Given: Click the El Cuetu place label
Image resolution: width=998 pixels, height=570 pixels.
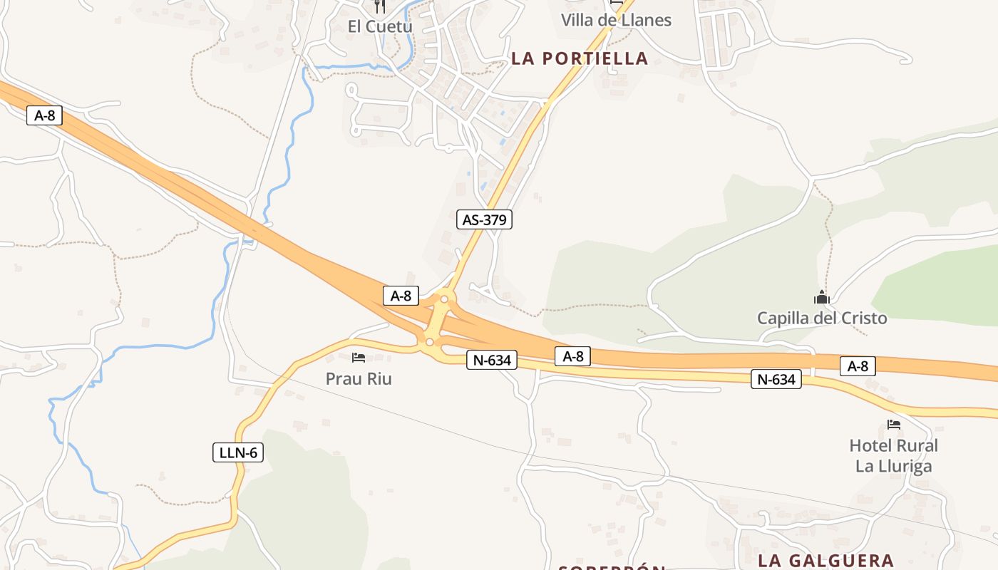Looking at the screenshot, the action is click(x=379, y=26).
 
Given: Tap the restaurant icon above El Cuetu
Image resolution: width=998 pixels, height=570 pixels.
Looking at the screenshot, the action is click(x=379, y=6).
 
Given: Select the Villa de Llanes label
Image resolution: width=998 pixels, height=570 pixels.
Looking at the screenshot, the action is click(x=616, y=20).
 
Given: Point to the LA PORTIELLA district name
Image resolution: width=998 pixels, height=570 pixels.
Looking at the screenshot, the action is click(x=580, y=58).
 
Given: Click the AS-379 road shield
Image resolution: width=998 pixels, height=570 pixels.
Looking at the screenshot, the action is click(x=484, y=219).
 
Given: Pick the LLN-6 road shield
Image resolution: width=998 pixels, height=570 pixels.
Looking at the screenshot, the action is click(x=238, y=452).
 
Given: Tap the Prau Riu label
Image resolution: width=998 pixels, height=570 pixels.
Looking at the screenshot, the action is click(x=359, y=378).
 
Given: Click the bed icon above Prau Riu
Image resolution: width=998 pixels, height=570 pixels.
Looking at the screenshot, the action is click(x=359, y=358).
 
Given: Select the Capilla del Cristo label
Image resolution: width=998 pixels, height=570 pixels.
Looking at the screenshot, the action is click(x=822, y=318).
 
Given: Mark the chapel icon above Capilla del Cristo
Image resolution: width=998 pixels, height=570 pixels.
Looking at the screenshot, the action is click(x=822, y=297).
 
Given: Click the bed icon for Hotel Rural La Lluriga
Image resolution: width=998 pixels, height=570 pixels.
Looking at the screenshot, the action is click(x=894, y=425).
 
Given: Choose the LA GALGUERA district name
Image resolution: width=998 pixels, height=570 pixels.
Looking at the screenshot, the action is click(x=825, y=560).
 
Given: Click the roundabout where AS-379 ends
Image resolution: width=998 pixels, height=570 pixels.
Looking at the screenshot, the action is click(x=444, y=299).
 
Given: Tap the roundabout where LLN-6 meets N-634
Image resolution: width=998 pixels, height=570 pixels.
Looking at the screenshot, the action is click(x=429, y=343).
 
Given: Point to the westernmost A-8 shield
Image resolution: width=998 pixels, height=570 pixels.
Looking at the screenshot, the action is click(x=44, y=115).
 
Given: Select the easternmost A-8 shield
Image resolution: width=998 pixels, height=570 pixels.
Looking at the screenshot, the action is click(x=858, y=366).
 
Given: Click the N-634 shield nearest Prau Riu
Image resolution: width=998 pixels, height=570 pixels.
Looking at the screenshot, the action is click(x=492, y=361).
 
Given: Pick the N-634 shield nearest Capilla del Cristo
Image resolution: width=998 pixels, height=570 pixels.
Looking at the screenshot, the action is click(x=776, y=380).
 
